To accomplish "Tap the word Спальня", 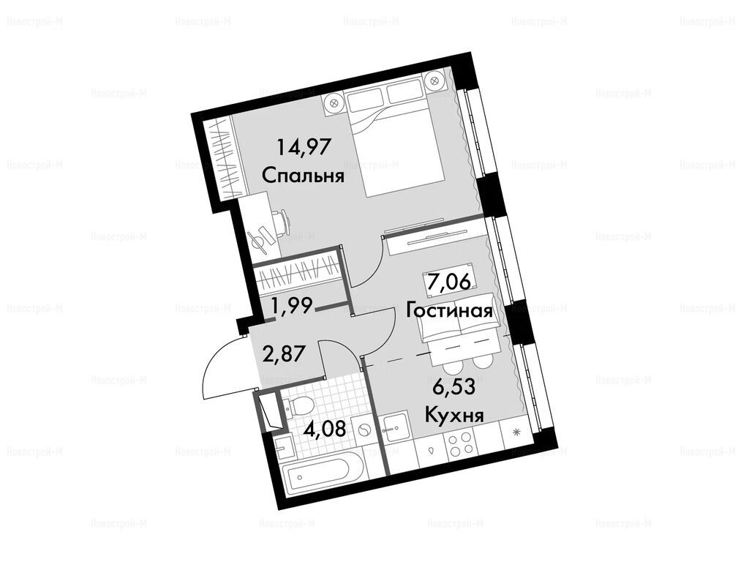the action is tap(304, 176).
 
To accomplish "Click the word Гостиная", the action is tap(450, 311).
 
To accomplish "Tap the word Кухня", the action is tap(454, 415).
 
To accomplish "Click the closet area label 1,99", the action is tap(290, 304).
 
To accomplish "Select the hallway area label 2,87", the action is tap(284, 355).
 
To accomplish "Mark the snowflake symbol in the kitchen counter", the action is tap(516, 433).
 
